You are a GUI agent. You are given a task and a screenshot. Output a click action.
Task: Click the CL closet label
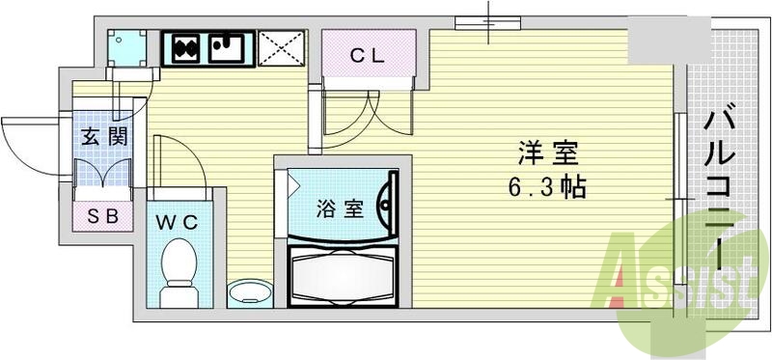(x=367, y=56)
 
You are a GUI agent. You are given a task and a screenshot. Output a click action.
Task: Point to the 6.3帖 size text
(x=546, y=186)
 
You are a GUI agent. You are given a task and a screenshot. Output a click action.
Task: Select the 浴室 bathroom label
(x=341, y=208)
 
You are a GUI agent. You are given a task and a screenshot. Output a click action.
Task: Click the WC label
(x=179, y=222)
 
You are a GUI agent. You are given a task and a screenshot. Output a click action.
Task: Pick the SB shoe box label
(x=102, y=217)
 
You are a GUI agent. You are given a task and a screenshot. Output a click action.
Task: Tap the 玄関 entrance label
(x=102, y=137)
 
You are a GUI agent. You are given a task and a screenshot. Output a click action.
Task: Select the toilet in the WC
(x=179, y=270)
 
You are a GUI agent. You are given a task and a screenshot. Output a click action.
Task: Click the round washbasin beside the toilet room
(x=248, y=292)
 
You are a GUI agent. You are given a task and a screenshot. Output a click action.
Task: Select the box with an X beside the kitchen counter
(x=282, y=46)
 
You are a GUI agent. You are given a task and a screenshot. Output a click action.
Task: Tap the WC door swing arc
(x=179, y=159)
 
